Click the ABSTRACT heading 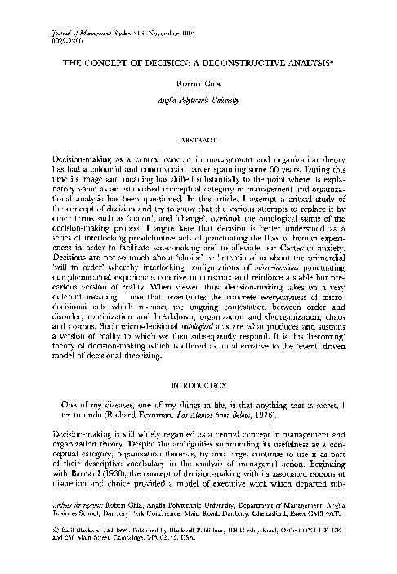(198, 138)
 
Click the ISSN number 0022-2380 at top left (51, 40)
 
